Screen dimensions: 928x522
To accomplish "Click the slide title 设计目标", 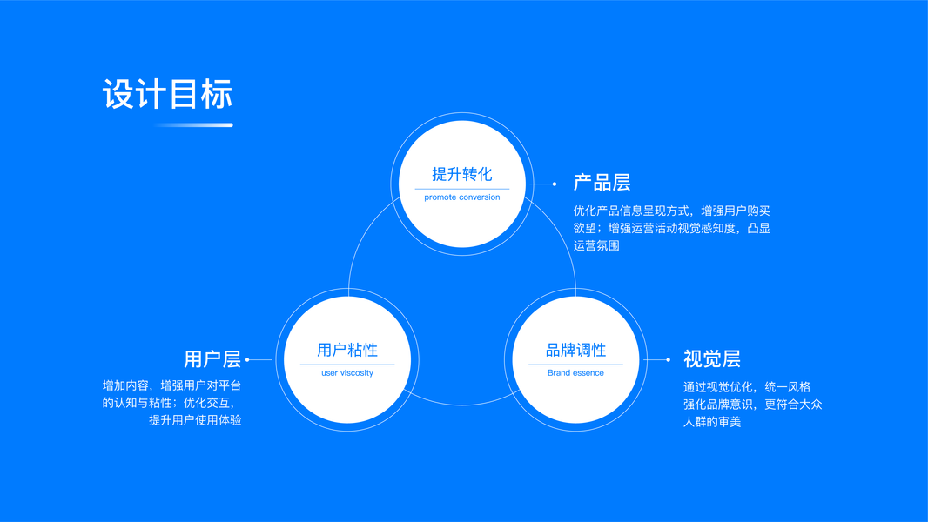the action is coord(168,95).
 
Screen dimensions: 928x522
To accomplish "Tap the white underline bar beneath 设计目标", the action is coord(193,125).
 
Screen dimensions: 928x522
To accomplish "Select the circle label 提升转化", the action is coord(462,174).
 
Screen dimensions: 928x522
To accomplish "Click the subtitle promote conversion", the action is coord(462,197).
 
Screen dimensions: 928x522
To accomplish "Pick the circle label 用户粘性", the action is coord(347,350).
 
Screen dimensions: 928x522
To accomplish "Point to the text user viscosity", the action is coord(347,373).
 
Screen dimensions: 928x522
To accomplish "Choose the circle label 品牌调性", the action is coord(575,350).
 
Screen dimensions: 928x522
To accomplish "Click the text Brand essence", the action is coord(575,373).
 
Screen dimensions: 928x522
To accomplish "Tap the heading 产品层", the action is coord(602,183).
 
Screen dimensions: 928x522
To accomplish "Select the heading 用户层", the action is coord(212,359).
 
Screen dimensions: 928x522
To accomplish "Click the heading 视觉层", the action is coord(711,359).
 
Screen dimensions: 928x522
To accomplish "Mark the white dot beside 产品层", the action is coord(555,184).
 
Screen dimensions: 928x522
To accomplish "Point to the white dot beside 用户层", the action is coord(248,359).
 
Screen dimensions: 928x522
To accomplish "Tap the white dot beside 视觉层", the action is coord(668,359).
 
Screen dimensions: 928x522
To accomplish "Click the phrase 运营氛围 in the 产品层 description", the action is coord(596,246).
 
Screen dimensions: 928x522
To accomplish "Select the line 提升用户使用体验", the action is coord(195,420).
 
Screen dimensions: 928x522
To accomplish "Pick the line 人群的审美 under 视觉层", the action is coord(712,422).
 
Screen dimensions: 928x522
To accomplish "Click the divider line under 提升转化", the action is coord(462,189).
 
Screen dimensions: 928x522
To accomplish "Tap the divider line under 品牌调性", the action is coord(575,365).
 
